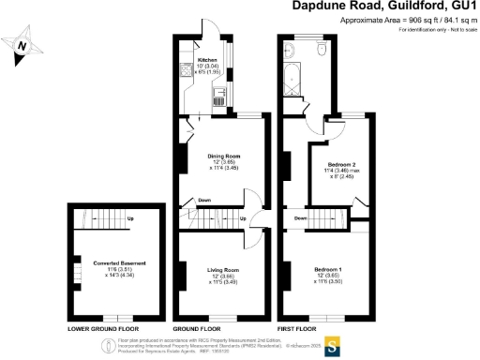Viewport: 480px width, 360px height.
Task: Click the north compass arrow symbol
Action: click(x=25, y=46)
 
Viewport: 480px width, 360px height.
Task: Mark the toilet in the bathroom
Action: click(x=322, y=49)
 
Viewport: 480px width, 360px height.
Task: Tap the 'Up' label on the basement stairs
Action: click(x=128, y=219)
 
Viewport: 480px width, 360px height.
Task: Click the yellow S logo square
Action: click(x=330, y=342)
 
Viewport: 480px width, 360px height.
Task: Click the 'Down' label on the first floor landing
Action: click(x=301, y=218)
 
